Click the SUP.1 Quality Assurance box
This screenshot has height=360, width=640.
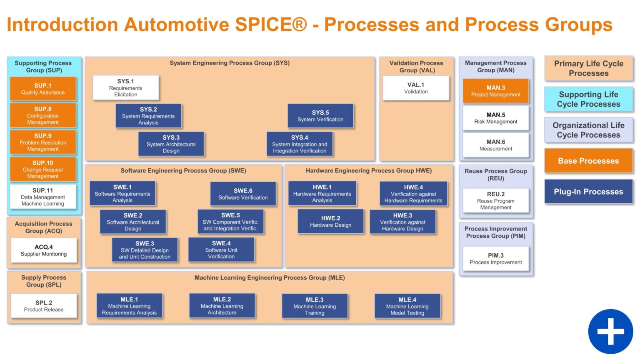click(x=43, y=89)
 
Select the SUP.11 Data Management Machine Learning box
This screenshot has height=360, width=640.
click(x=43, y=197)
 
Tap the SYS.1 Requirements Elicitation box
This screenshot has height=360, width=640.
click(x=125, y=87)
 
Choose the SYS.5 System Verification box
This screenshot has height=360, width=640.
click(x=320, y=116)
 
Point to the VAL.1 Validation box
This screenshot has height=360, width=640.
click(x=416, y=88)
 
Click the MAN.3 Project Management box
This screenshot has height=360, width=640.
click(x=495, y=91)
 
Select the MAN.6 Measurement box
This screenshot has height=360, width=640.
click(x=495, y=145)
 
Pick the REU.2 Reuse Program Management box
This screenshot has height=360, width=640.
click(x=495, y=200)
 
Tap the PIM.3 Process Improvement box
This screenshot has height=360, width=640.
click(x=495, y=259)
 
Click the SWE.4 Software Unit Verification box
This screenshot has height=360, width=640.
click(x=221, y=250)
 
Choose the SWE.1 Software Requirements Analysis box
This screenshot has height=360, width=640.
click(x=122, y=193)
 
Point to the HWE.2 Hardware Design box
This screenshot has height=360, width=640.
click(x=330, y=221)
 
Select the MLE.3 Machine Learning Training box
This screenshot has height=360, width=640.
click(x=315, y=306)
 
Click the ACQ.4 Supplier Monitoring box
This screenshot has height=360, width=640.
click(x=44, y=250)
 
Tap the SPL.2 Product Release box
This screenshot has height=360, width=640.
click(x=44, y=306)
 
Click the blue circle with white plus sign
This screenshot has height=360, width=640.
click(x=610, y=331)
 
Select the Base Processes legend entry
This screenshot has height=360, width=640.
click(x=588, y=161)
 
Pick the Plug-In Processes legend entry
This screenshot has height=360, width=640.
click(x=588, y=192)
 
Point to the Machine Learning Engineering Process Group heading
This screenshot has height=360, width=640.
click(x=270, y=277)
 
